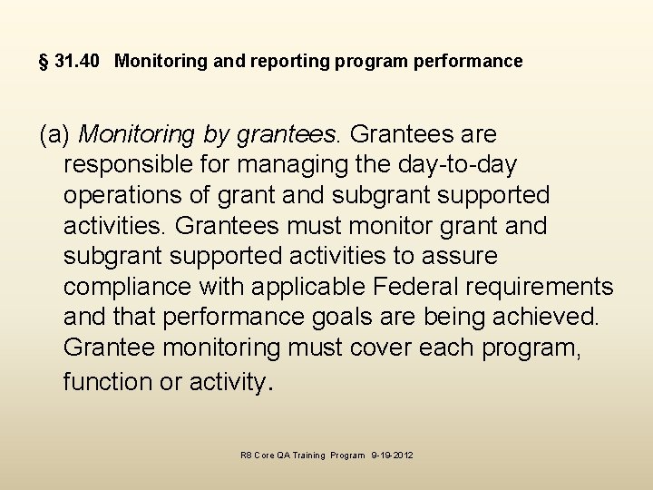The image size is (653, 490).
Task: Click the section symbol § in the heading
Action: [x=44, y=62]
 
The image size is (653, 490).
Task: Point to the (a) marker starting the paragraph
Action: [x=54, y=135]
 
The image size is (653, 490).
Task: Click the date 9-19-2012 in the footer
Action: [x=393, y=456]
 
